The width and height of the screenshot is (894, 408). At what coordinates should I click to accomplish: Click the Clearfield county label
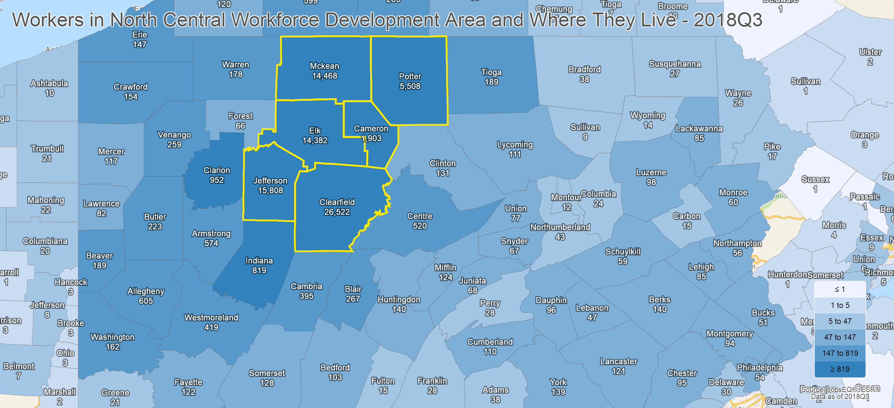337,202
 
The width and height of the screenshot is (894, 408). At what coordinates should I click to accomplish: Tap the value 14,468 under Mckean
324,76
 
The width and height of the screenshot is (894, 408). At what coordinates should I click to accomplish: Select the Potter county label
410,76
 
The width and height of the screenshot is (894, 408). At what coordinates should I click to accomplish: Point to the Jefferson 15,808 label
270,186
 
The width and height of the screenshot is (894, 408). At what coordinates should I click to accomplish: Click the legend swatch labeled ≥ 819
839,369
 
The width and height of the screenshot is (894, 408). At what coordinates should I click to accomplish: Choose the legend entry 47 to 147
839,337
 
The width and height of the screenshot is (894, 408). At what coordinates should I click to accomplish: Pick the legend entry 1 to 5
839,305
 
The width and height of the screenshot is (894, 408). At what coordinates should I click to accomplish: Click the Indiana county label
259,261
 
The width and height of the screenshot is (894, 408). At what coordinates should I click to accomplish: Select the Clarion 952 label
217,175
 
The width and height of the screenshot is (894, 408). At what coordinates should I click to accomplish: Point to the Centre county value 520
420,226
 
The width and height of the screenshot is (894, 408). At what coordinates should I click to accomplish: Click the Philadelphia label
759,368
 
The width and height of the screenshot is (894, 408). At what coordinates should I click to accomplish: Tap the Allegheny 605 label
146,296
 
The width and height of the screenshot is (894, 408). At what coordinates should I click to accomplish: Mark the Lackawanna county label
699,129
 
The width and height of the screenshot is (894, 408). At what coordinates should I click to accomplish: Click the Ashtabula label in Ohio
49,83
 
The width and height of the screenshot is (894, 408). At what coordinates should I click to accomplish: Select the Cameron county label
371,129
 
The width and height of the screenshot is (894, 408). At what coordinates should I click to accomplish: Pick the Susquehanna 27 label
675,69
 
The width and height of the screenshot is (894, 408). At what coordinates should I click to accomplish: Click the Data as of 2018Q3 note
839,397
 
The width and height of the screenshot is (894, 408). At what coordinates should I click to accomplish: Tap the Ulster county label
870,52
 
